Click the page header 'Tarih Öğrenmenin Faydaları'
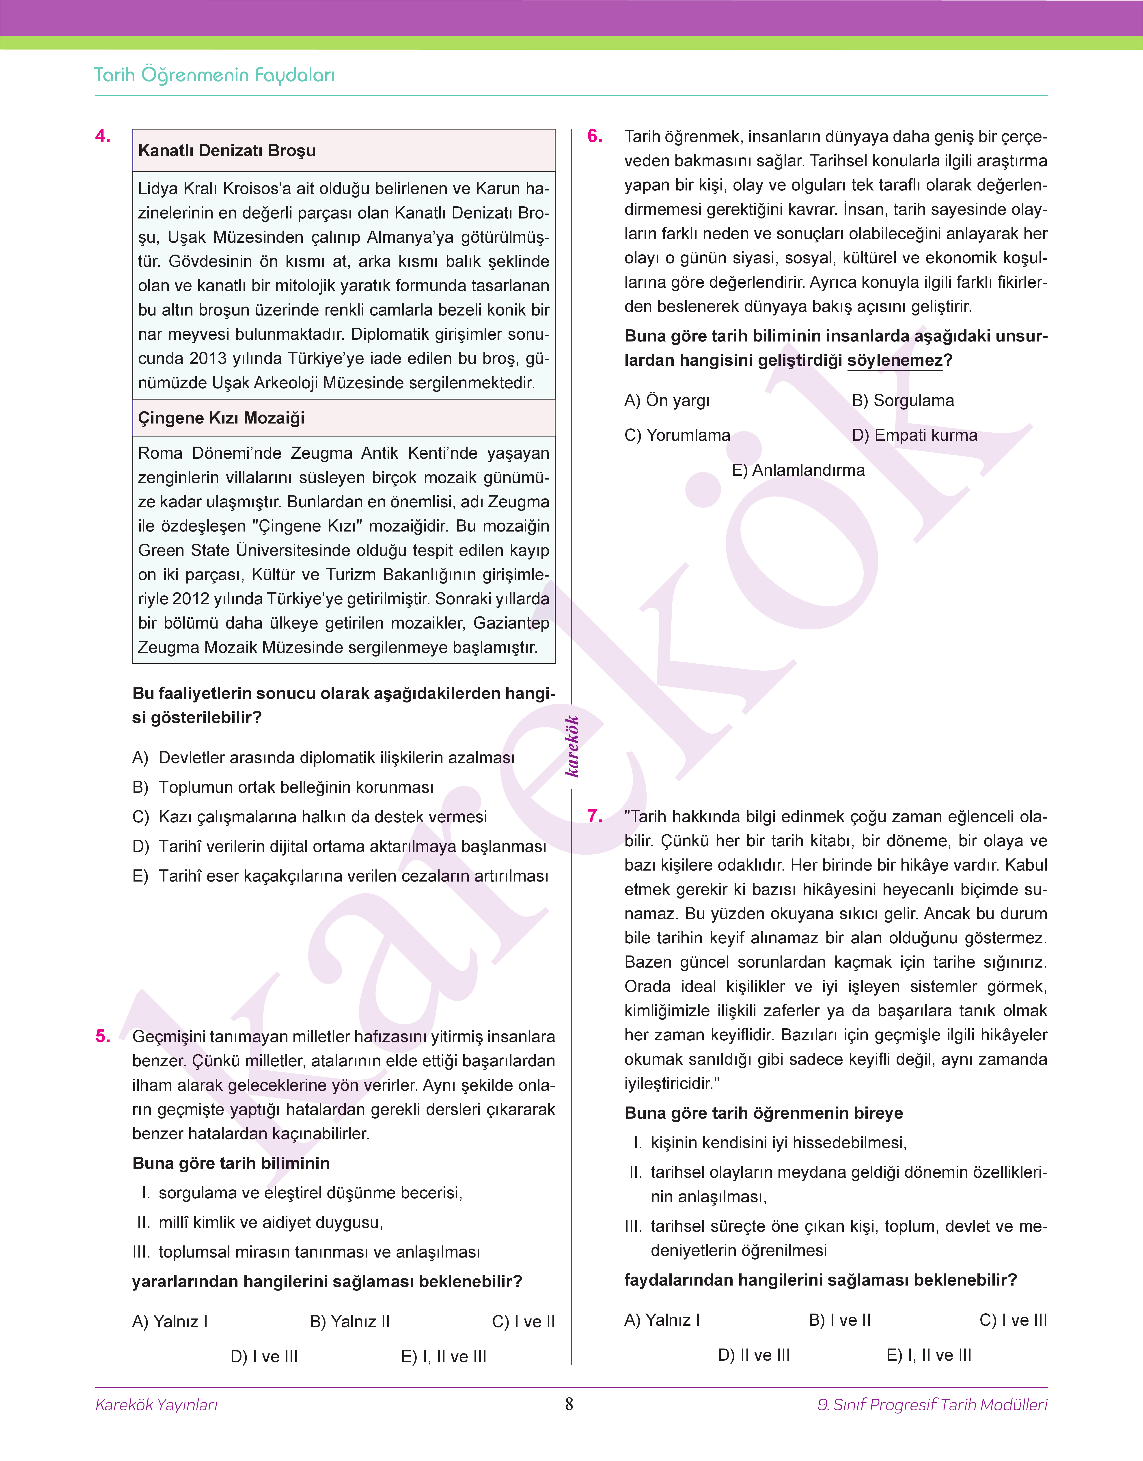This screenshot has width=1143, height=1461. (214, 75)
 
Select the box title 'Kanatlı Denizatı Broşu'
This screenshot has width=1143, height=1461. (227, 151)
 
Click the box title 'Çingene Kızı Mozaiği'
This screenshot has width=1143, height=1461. (221, 418)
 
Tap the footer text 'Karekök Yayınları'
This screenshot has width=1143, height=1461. (157, 1405)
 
